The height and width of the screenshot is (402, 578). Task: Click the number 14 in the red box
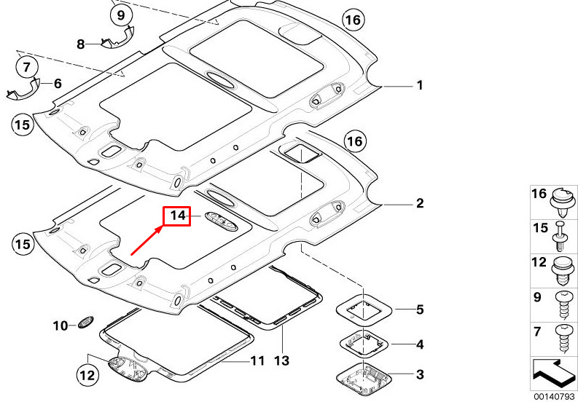178,215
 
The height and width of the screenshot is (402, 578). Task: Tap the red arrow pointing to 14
147,240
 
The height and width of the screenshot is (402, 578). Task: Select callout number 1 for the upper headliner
420,85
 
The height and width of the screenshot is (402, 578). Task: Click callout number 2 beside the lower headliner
420,203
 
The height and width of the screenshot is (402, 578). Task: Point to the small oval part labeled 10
85,322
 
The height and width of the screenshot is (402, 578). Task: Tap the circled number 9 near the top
121,15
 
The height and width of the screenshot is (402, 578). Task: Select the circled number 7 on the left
26,68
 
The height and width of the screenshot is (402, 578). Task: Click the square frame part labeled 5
364,310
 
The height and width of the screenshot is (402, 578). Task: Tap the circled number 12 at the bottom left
87,376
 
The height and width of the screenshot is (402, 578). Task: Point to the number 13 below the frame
282,360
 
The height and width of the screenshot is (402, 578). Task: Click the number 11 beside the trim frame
257,360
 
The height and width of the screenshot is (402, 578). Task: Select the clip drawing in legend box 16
562,202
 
